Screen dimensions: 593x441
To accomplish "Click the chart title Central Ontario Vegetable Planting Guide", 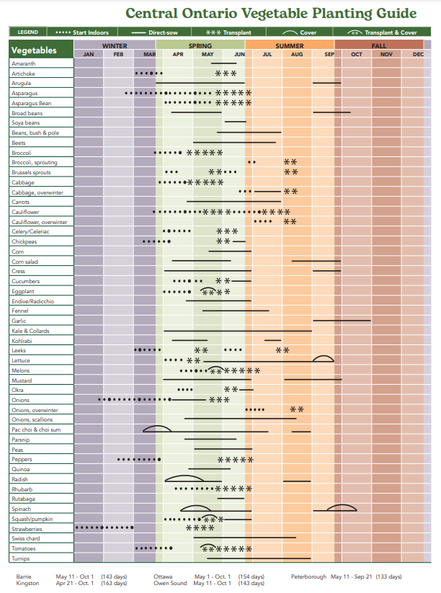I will click(x=271, y=13).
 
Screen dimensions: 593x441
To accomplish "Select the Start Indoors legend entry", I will click(x=82, y=32).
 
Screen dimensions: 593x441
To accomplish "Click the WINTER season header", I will click(x=115, y=46).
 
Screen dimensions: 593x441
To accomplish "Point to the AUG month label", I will click(x=297, y=55).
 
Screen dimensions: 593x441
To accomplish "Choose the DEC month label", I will click(x=418, y=55).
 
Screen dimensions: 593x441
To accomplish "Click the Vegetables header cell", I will click(x=34, y=50).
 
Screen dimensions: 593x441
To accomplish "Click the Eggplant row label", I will click(x=23, y=291).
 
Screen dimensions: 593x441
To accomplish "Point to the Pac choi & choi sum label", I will click(x=36, y=429).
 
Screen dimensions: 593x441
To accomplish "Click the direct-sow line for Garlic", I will click(x=342, y=320).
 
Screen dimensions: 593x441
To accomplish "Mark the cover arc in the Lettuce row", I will click(x=323, y=358).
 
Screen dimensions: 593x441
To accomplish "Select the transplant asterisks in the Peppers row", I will click(x=235, y=459).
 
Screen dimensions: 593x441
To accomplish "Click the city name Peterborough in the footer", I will click(x=308, y=576).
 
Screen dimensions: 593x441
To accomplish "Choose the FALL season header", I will click(x=379, y=46).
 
